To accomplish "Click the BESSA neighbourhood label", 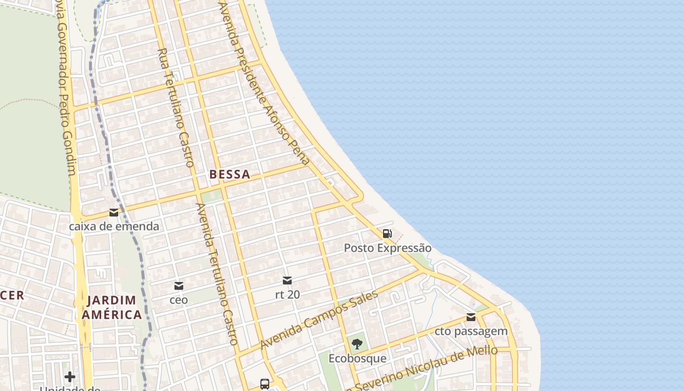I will (230, 174).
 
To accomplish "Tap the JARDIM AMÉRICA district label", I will (112, 307).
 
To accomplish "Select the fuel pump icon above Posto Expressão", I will (387, 234).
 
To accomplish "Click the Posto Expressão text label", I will (387, 248).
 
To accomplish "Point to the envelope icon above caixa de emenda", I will (114, 213).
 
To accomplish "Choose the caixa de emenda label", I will (114, 226).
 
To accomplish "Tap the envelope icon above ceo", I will (179, 286).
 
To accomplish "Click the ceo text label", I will (178, 300).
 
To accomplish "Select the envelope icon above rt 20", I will (287, 281).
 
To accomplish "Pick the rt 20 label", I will (287, 294).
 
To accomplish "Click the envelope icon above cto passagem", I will (471, 317).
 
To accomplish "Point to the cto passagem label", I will (471, 331).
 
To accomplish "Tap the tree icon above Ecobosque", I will (357, 344).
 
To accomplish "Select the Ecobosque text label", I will (357, 358).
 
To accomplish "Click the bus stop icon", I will (265, 384).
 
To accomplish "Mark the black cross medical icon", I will (70, 376).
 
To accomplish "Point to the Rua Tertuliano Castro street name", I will (176, 108).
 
